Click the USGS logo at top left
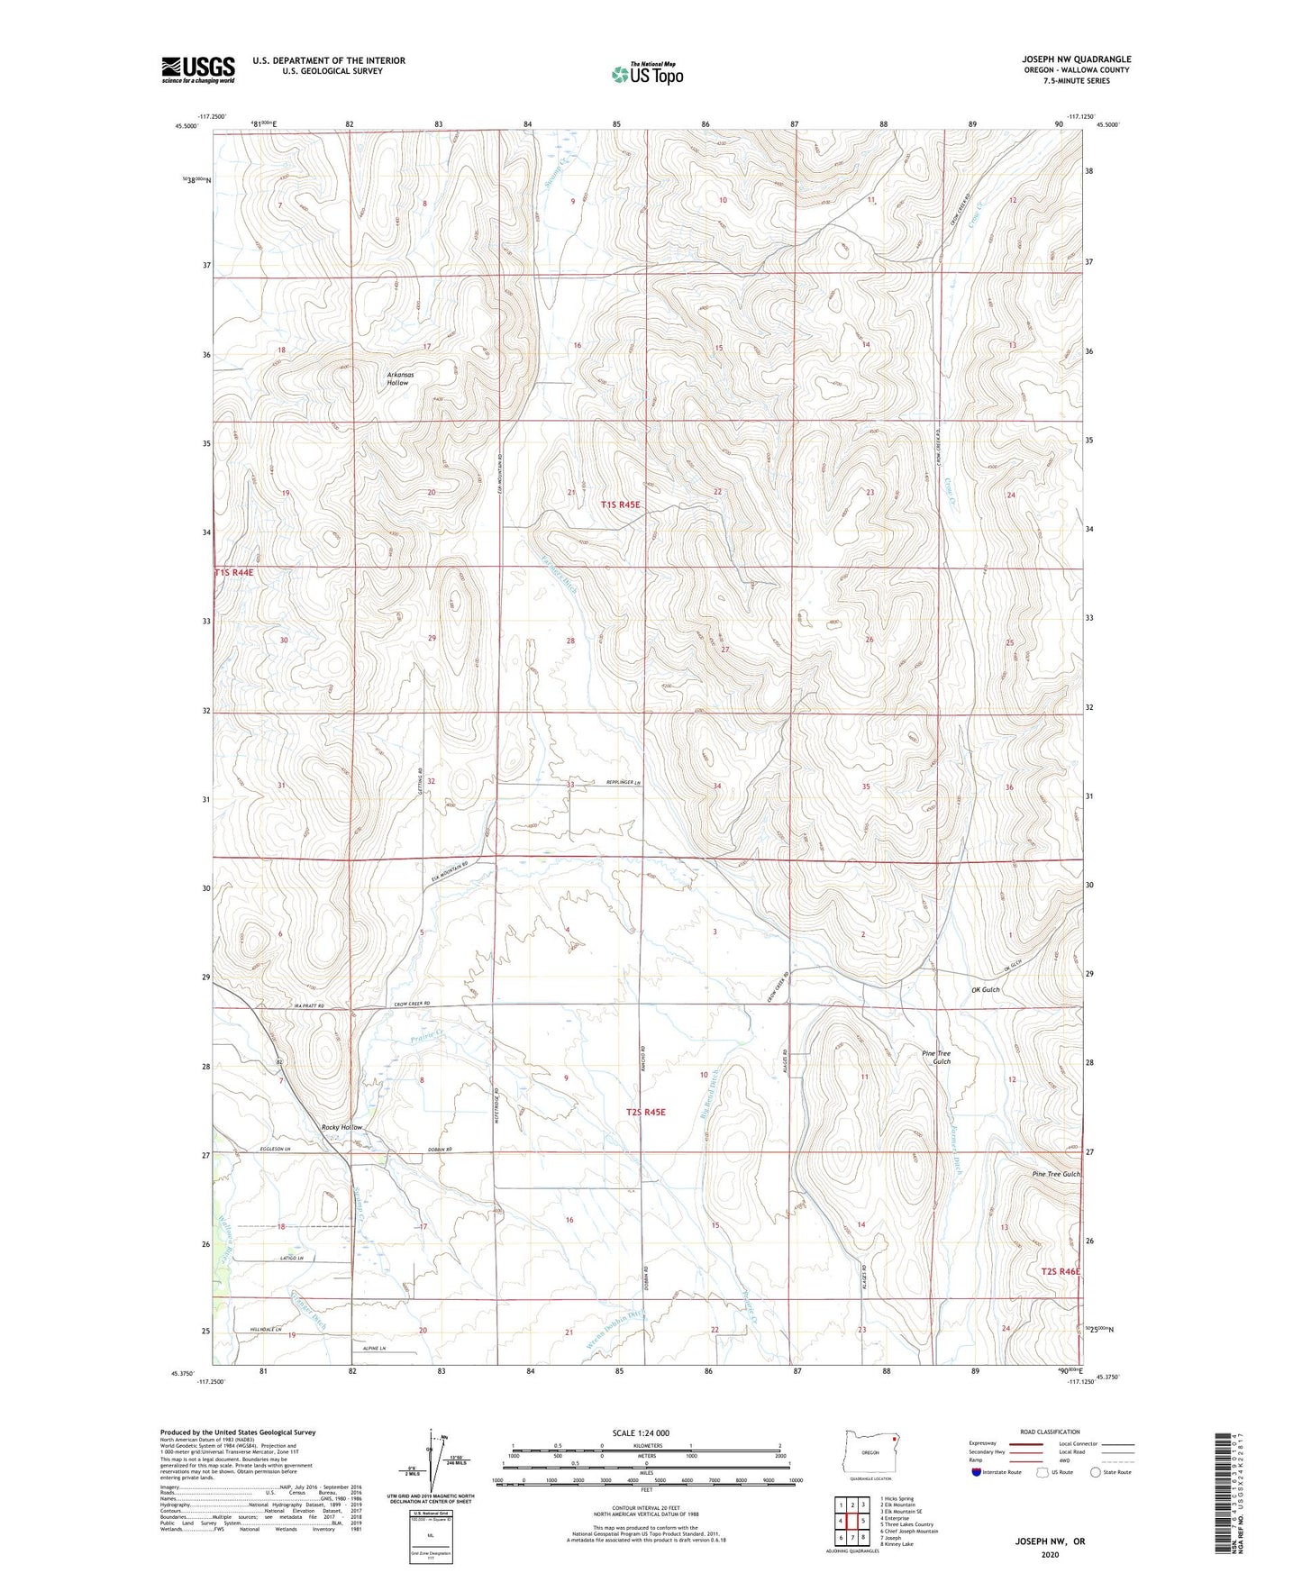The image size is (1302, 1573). [197, 69]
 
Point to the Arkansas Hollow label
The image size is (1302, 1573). [397, 377]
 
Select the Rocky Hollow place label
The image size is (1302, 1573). [342, 1127]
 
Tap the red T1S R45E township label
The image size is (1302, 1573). [620, 505]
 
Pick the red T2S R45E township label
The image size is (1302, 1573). [645, 1112]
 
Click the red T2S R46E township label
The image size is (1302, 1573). [1059, 1271]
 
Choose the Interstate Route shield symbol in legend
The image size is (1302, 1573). [976, 1472]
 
